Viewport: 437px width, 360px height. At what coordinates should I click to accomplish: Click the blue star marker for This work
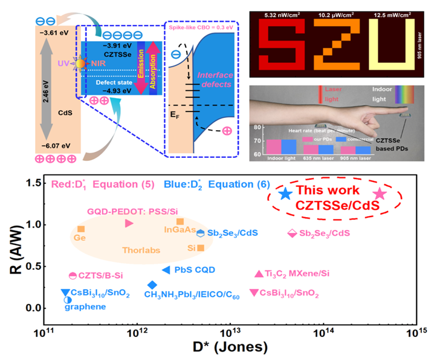click(x=286, y=194)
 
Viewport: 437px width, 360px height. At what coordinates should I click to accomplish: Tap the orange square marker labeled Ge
click(x=81, y=229)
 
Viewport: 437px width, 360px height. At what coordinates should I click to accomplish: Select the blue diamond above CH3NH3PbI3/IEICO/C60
click(x=152, y=285)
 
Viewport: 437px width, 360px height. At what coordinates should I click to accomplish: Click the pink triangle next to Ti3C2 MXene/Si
click(x=259, y=274)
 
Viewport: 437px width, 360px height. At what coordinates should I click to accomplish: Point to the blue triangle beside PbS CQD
click(x=166, y=270)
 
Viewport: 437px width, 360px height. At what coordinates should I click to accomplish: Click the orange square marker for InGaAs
click(x=180, y=221)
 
